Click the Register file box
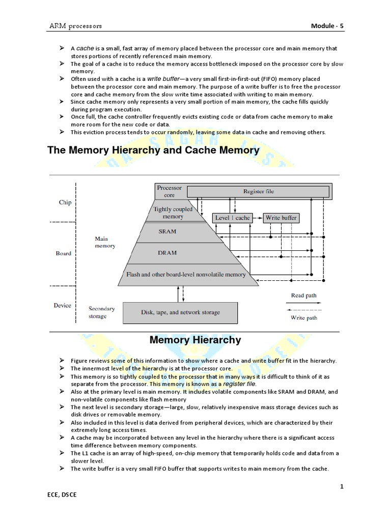pos(258,191)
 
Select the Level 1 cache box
pos(233,218)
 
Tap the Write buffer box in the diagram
pos(281,218)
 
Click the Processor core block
pos(169,191)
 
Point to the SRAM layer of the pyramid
pos(167,231)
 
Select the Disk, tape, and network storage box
pos(180,312)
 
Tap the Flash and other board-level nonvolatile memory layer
pos(185,275)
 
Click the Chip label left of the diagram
pos(65,202)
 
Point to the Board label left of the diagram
pos(64,253)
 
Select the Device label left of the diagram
pos(63,305)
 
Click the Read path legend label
pos(303,296)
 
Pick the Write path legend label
pos(304,317)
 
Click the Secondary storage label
pos(101,312)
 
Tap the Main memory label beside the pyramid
pos(105,242)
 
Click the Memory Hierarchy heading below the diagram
pos(195,340)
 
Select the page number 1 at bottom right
pos(342,487)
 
